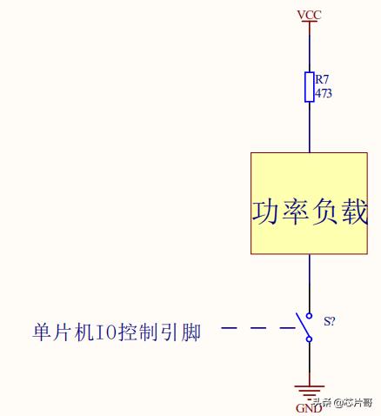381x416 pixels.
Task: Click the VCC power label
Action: click(310, 15)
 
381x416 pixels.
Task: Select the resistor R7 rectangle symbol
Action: click(310, 87)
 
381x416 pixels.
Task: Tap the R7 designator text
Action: click(322, 79)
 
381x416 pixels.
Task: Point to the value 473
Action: click(324, 93)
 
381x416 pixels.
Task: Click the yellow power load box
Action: click(309, 204)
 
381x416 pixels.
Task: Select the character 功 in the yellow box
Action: click(264, 211)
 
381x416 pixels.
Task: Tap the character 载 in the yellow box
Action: click(355, 211)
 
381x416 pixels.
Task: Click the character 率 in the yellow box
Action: click(295, 211)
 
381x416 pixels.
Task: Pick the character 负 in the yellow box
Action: click(324, 211)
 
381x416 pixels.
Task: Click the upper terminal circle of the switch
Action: click(310, 316)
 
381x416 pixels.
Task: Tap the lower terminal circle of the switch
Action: click(310, 339)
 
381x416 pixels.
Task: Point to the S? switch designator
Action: click(330, 321)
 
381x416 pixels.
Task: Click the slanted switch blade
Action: click(302, 324)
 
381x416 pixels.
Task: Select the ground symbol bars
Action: click(310, 391)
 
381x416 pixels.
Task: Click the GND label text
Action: click(309, 408)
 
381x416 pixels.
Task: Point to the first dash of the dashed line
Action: click(229, 328)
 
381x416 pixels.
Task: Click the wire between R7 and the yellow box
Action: click(310, 127)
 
